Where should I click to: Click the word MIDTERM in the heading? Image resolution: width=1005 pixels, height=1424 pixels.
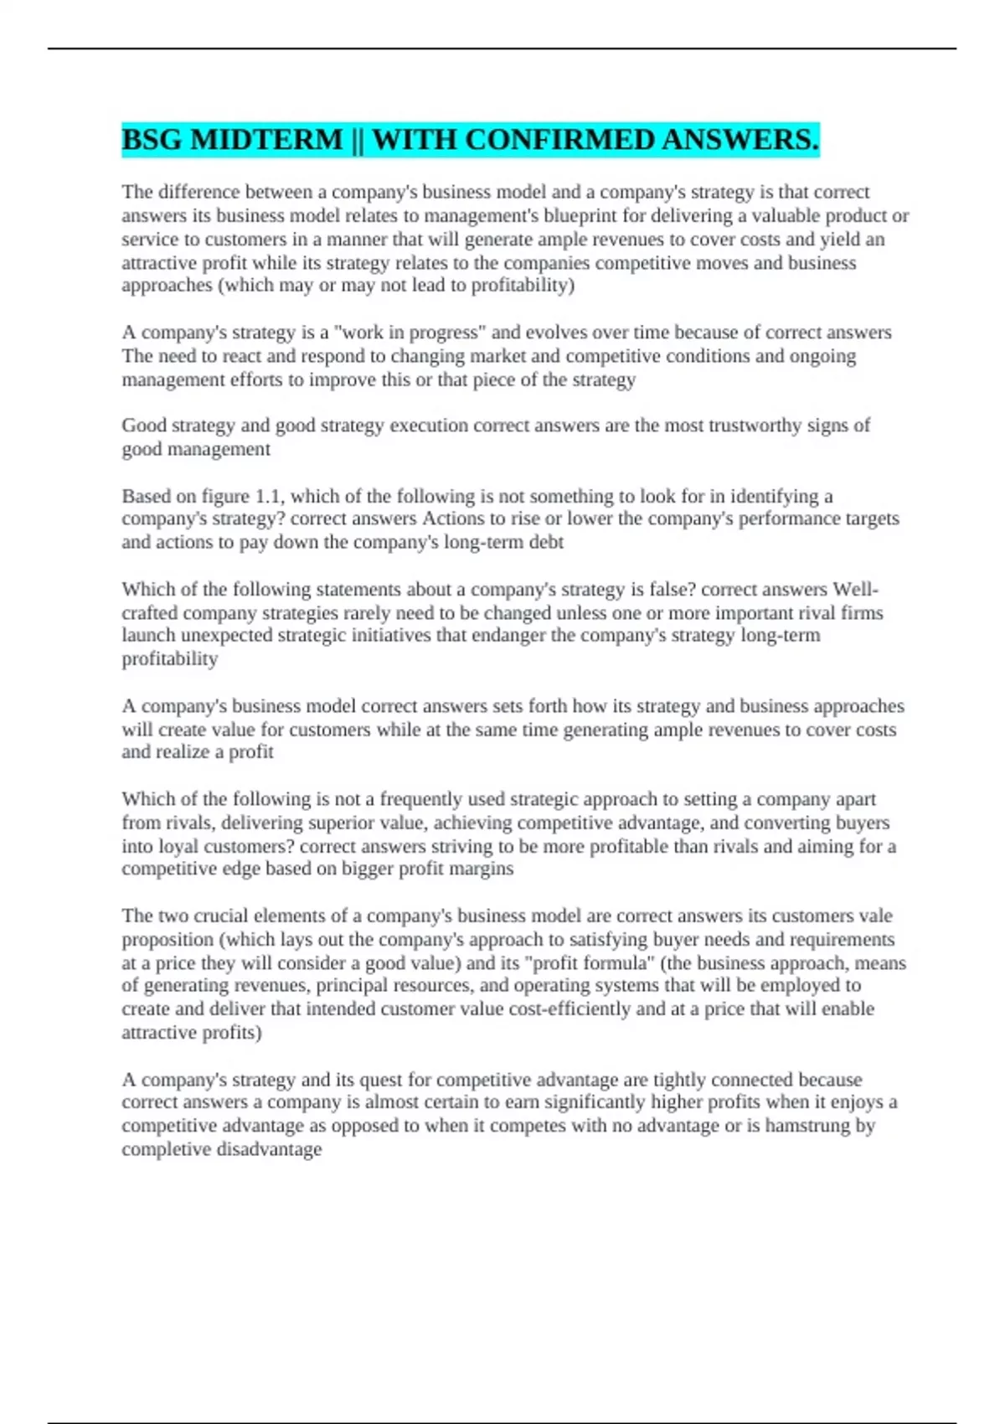coord(266,140)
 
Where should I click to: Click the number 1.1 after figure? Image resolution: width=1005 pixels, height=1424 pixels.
coord(269,496)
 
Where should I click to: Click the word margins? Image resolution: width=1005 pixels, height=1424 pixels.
coord(481,869)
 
